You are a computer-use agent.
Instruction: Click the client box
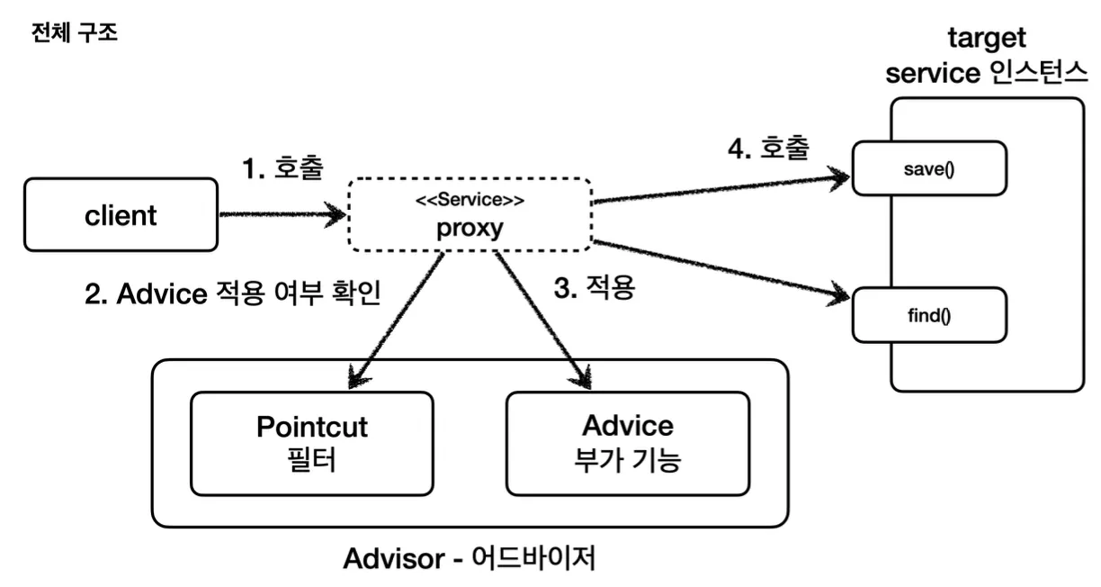(121, 214)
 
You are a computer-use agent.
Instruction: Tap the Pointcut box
(311, 443)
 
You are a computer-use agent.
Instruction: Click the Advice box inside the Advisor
(627, 443)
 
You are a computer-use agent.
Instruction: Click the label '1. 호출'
(282, 167)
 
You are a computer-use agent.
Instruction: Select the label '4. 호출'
(767, 146)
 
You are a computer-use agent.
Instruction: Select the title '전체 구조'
(74, 37)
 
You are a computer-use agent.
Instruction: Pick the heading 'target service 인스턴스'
(987, 57)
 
